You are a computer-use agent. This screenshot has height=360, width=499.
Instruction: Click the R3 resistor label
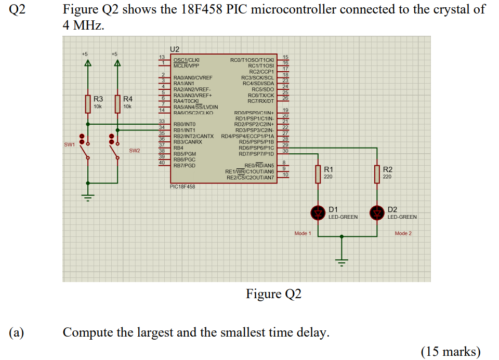click(x=98, y=99)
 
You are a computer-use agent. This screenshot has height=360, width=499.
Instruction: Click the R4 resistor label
click(x=128, y=99)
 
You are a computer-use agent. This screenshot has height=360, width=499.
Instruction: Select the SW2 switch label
click(x=135, y=151)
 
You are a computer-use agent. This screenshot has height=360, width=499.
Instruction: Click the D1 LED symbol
click(x=318, y=212)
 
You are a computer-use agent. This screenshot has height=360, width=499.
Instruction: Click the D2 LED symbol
click(x=377, y=212)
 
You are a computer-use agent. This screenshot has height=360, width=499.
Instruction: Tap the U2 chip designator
click(x=175, y=49)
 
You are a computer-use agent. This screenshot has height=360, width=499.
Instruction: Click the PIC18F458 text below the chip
click(x=182, y=186)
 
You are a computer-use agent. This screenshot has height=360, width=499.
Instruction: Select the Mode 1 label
click(x=303, y=233)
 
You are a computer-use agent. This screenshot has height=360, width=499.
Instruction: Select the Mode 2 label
click(x=403, y=233)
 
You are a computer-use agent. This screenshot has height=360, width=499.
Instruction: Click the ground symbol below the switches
click(x=88, y=197)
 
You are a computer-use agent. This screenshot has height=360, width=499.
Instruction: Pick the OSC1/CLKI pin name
click(x=186, y=61)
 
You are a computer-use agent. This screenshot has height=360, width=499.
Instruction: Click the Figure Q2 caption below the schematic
click(x=273, y=294)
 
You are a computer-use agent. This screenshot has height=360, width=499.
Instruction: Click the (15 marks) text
click(x=450, y=352)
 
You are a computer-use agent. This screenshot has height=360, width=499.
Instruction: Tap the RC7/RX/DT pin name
click(x=261, y=101)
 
